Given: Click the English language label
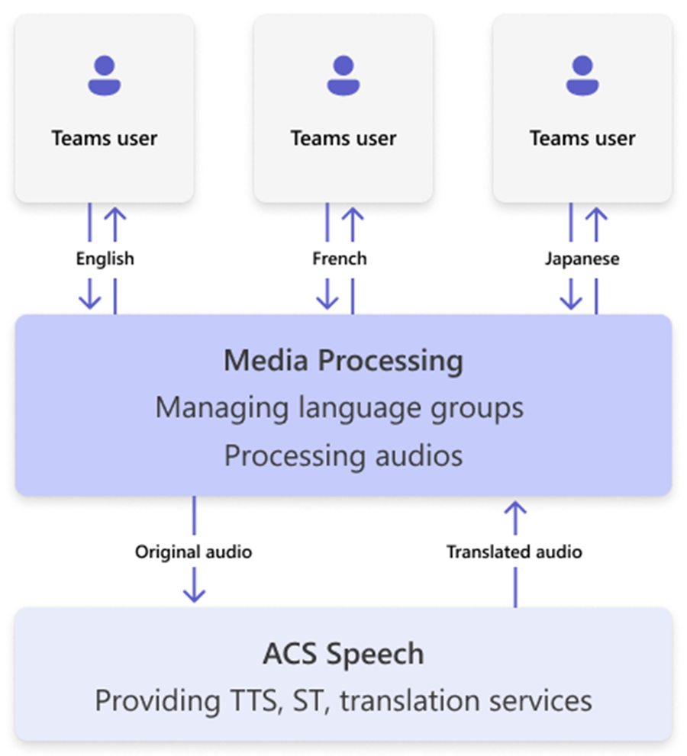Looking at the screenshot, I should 105,259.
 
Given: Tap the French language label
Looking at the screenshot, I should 340,259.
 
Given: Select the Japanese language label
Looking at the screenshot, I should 582,259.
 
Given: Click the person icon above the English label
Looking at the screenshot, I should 105,76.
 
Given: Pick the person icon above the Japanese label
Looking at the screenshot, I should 582,76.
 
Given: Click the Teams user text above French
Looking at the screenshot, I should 343,139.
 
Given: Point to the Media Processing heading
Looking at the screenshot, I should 343,361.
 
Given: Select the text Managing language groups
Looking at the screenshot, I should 340,407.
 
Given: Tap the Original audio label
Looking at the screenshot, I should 193,551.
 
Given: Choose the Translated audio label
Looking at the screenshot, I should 514,551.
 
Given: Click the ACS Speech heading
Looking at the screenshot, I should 343,654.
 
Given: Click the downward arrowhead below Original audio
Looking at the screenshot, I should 195,594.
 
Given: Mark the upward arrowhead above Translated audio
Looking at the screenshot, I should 515,509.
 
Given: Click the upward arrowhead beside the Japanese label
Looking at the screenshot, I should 596,217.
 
